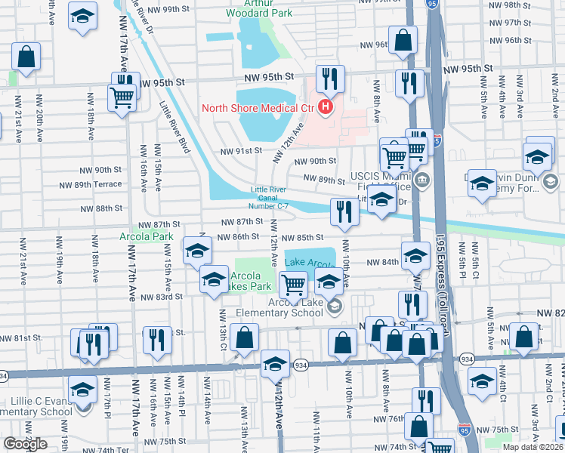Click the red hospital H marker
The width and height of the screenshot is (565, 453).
[x=326, y=107]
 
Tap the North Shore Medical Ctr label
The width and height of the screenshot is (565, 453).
[x=257, y=107]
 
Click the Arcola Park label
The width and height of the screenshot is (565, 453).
[x=156, y=236]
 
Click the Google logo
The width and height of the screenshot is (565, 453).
[x=25, y=444]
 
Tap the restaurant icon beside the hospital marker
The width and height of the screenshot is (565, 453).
[x=330, y=79]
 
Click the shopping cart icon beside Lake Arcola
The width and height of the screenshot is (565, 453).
[x=293, y=285]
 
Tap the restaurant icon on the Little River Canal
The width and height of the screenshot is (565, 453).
[x=344, y=213]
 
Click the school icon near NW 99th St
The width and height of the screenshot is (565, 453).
[x=82, y=17]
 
